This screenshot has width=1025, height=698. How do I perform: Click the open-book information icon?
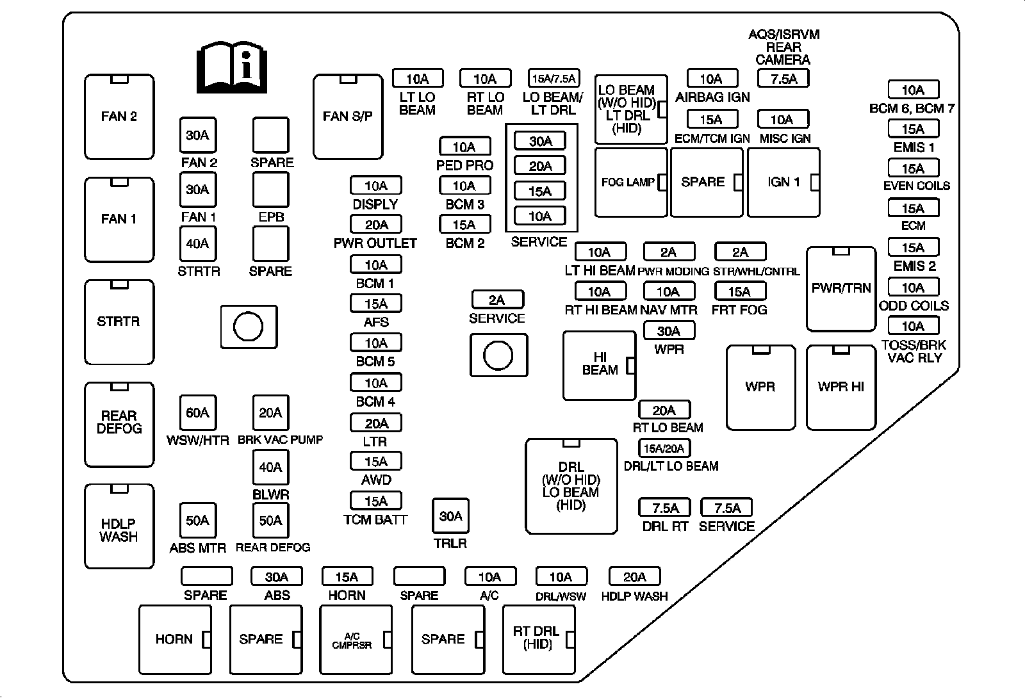tap(231, 68)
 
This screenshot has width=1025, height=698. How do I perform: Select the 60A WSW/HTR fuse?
tap(197, 413)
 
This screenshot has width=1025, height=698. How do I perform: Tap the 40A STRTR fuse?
tap(198, 244)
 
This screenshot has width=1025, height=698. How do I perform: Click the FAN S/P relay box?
tap(348, 117)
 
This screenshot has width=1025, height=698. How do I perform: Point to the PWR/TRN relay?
tap(840, 288)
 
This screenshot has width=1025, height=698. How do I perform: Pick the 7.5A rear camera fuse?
tap(783, 79)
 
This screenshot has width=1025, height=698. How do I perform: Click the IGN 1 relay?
tap(783, 183)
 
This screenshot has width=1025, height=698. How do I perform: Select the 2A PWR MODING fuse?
tap(668, 252)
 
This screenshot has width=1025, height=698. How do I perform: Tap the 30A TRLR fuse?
tap(451, 516)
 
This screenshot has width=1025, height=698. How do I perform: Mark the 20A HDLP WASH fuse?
tap(634, 577)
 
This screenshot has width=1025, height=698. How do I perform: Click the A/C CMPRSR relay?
tap(355, 640)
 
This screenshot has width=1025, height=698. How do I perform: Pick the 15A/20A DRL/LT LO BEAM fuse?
tap(665, 448)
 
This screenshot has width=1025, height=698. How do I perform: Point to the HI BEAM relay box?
tap(599, 365)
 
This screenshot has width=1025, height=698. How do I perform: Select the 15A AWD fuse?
tap(376, 462)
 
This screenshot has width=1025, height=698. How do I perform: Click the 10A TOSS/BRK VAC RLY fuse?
tap(913, 327)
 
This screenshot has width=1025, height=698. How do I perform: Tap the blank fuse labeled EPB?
tap(271, 190)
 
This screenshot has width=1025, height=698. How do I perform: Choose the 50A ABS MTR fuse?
tap(197, 521)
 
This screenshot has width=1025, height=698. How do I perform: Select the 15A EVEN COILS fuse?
tap(913, 169)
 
